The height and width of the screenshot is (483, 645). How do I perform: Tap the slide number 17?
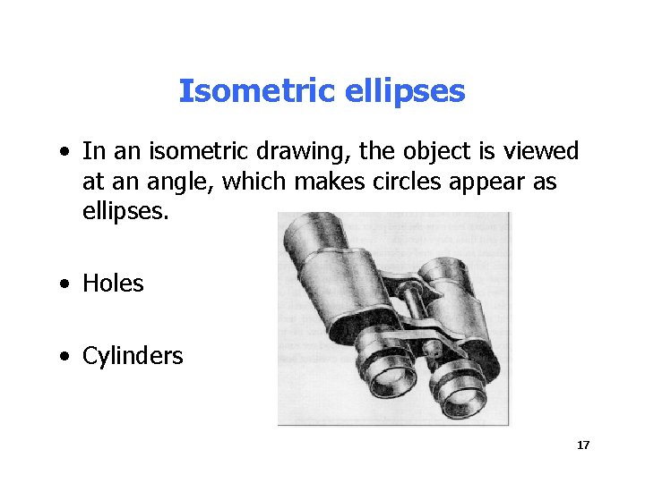(583, 445)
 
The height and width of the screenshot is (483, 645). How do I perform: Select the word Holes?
(113, 284)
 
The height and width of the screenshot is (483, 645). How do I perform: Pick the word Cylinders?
(133, 356)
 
